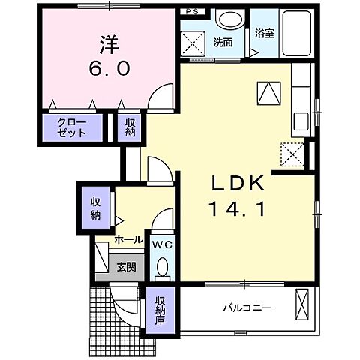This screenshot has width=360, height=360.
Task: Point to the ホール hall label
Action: pyautogui.click(x=128, y=240)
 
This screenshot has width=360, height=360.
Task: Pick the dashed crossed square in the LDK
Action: pyautogui.click(x=292, y=154)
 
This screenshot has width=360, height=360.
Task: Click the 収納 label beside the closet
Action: pyautogui.click(x=130, y=127)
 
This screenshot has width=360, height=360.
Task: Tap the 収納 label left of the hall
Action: pyautogui.click(x=96, y=208)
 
